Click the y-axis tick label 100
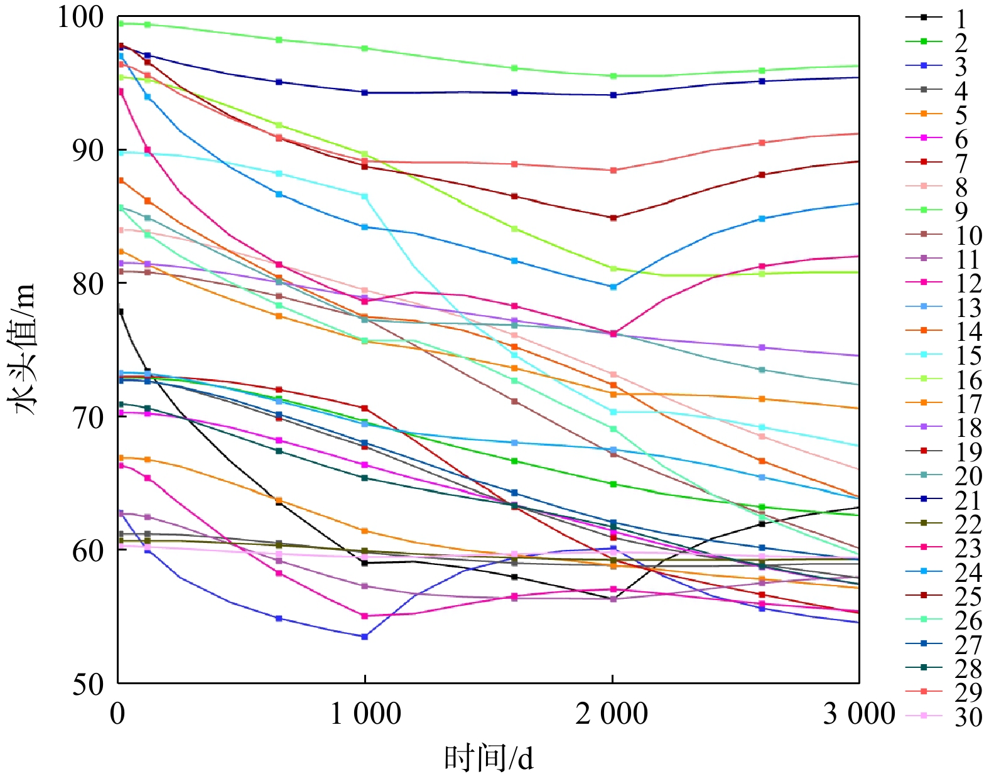(80, 18)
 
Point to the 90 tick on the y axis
(87, 151)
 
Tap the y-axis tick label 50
(87, 684)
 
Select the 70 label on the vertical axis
(87, 417)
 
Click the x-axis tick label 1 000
(365, 714)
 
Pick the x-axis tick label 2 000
(612, 714)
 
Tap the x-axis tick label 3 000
(859, 714)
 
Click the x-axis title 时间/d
(489, 758)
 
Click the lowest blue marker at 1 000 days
(365, 637)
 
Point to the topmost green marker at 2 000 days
(613, 76)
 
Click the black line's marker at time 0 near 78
(120, 311)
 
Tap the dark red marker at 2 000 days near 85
(613, 218)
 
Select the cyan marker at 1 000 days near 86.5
(365, 196)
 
